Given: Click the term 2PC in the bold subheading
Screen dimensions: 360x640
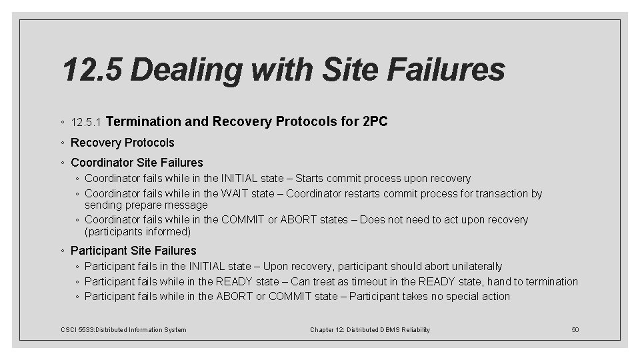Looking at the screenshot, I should pos(375,122).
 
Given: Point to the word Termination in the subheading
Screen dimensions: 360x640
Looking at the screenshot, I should pos(143,122).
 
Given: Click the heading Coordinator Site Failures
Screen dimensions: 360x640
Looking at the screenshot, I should pos(137,162).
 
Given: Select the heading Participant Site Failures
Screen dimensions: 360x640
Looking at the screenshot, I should pos(133,251).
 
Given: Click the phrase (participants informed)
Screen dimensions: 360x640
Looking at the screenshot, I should pos(138,232).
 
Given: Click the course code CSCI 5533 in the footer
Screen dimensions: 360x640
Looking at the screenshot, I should pos(73,329).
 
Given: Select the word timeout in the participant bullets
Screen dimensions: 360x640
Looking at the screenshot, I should pos(392,281).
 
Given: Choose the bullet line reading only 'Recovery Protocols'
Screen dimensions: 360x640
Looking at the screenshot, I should pos(122,143).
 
